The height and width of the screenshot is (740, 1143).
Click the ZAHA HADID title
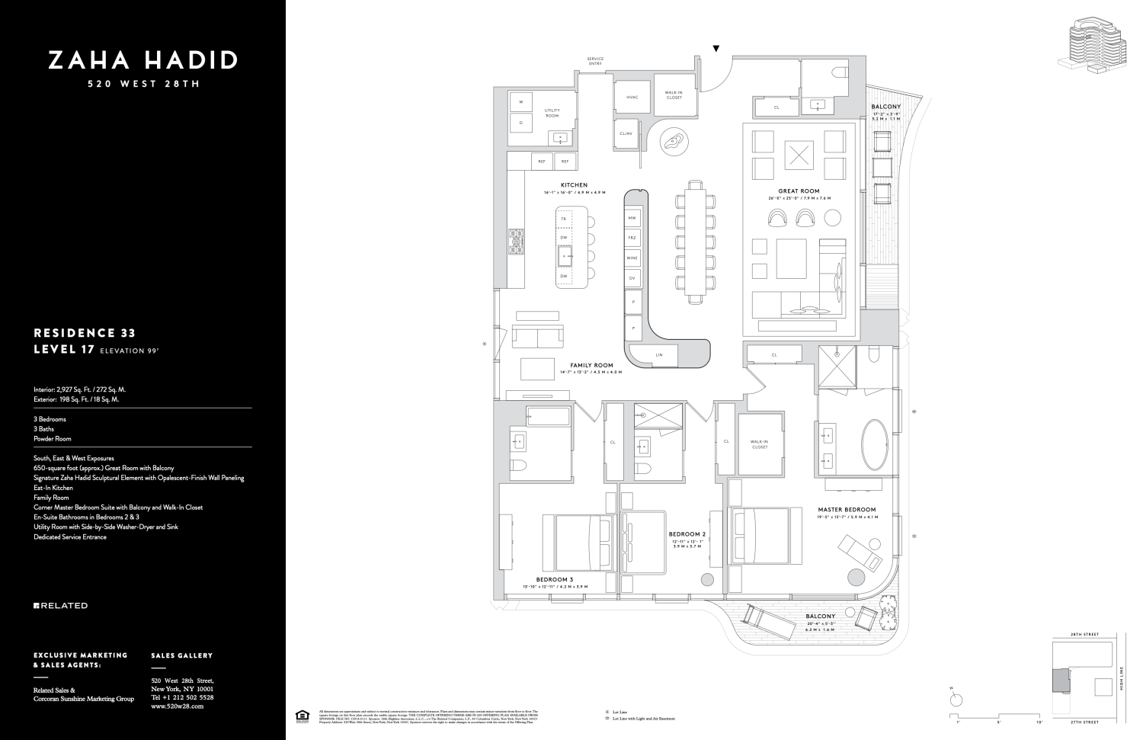tap(143, 60)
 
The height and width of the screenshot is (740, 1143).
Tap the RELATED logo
tap(61, 606)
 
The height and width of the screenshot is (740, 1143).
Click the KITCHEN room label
tap(574, 185)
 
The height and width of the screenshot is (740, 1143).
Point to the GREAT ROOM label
tap(799, 191)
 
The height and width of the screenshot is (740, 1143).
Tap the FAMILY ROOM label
tap(591, 366)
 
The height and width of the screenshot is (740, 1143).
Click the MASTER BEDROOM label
tap(847, 510)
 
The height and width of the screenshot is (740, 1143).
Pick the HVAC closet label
tap(632, 98)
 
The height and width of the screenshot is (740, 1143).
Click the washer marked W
tap(521, 101)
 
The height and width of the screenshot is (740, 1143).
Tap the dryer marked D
tap(521, 122)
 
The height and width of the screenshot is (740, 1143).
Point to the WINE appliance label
tap(632, 258)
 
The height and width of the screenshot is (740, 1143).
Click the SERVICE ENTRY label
tap(595, 62)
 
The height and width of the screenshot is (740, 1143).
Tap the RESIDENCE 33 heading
tap(85, 333)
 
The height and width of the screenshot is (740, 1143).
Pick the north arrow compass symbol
tap(957, 699)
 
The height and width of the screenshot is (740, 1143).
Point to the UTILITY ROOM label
tap(552, 114)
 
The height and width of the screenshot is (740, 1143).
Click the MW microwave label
tap(632, 219)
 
